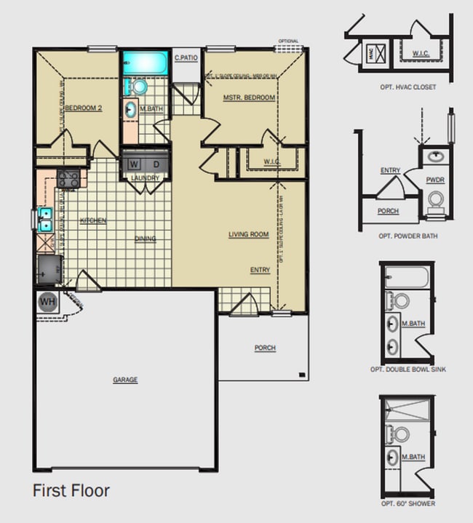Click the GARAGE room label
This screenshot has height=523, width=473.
click(x=125, y=380)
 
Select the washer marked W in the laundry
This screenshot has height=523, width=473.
click(x=134, y=164)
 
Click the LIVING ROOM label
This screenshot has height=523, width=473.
click(x=248, y=235)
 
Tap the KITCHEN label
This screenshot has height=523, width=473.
click(x=93, y=220)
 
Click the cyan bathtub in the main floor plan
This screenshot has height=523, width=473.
click(x=145, y=63)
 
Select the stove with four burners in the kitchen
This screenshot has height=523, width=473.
click(x=68, y=178)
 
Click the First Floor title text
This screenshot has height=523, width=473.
click(x=71, y=491)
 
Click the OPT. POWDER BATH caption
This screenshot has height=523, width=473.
click(x=408, y=236)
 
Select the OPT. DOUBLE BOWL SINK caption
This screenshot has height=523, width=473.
click(x=408, y=370)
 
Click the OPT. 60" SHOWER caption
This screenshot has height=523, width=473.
click(x=408, y=503)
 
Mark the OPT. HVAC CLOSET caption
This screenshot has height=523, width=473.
click(x=408, y=87)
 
